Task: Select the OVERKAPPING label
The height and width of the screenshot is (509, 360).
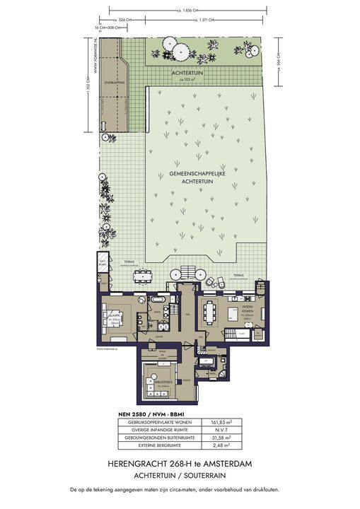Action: coord(114,83)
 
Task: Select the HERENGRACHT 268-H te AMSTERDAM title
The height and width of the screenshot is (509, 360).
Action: coord(180,463)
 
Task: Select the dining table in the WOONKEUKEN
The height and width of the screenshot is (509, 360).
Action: coord(210,310)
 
